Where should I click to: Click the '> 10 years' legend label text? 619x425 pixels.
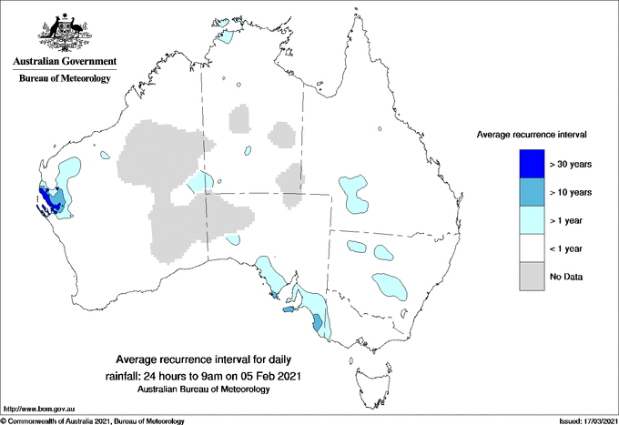[x=571, y=192]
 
